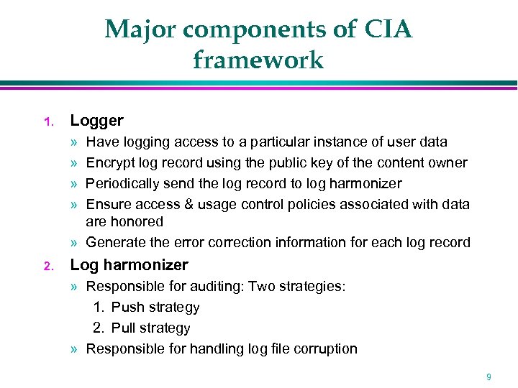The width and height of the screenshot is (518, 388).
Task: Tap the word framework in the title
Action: (x=258, y=60)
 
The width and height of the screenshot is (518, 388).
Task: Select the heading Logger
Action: (x=96, y=121)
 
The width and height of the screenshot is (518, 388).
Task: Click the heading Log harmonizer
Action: (x=129, y=265)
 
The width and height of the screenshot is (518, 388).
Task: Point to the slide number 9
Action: (x=489, y=377)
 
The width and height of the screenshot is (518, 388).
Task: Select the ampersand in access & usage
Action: (x=188, y=204)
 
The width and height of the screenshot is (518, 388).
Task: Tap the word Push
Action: (x=127, y=308)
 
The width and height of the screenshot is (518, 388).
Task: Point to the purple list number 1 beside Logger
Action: (x=47, y=122)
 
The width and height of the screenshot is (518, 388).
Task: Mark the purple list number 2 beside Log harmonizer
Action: (x=47, y=267)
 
